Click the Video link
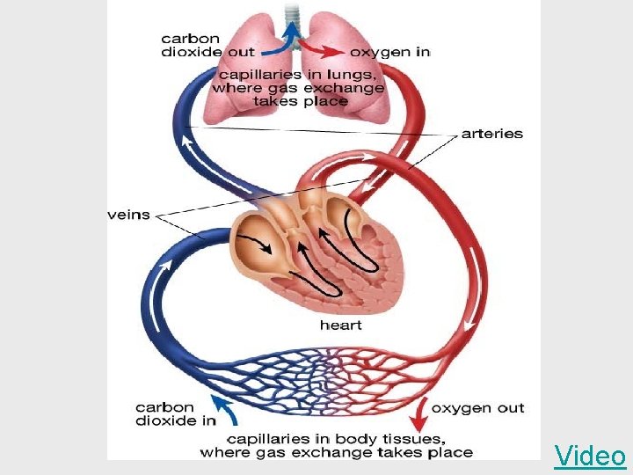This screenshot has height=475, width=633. tap(590, 456)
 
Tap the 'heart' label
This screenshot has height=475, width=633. tap(340, 325)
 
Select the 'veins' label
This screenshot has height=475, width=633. tap(128, 215)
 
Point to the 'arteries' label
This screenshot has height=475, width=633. tap(492, 135)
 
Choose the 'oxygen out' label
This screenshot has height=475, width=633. tap(478, 407)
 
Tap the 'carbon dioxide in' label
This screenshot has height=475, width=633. tap(176, 413)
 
